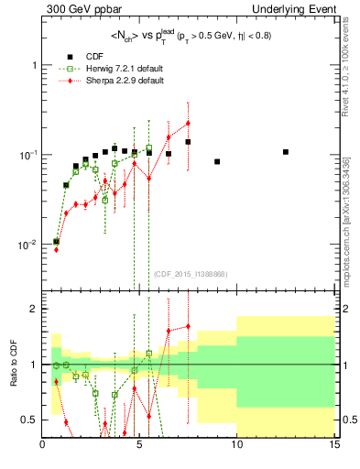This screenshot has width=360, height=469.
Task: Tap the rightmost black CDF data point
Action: coord(286,152)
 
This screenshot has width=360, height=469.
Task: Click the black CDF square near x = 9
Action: coord(217,162)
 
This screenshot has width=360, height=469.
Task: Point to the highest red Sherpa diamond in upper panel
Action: coord(188,123)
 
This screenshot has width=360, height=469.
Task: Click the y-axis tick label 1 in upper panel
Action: coord(33,66)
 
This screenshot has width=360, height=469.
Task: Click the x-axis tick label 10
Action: coord(236,447)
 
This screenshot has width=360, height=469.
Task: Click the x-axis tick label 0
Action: coord(43,447)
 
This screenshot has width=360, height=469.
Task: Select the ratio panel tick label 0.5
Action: coord(28,420)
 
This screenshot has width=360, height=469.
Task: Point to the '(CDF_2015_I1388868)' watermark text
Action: coord(190,274)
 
